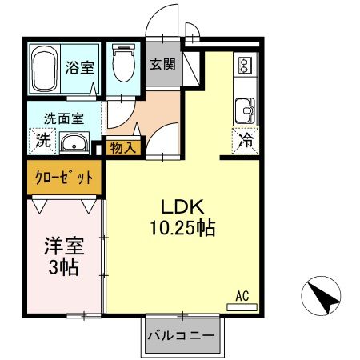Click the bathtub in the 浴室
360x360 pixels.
pyautogui.click(x=43, y=67)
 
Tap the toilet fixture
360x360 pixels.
pyautogui.click(x=124, y=64)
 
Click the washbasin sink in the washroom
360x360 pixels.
pyautogui.click(x=74, y=144)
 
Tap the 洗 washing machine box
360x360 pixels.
pyautogui.click(x=41, y=142)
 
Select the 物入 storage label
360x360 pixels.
pyautogui.click(x=122, y=147)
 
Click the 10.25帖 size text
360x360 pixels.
pyautogui.click(x=181, y=229)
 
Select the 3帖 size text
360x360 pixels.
pyautogui.click(x=62, y=267)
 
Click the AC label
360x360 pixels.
pyautogui.click(x=242, y=296)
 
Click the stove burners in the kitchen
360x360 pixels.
pyautogui.click(x=243, y=65)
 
